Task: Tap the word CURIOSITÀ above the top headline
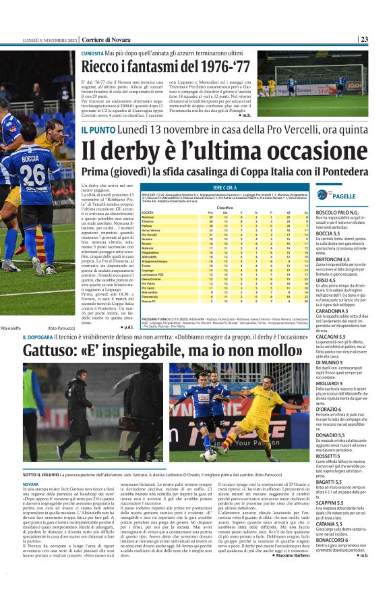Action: [92, 52]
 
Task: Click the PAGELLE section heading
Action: [344, 196]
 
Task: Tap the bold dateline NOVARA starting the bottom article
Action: [31, 484]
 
